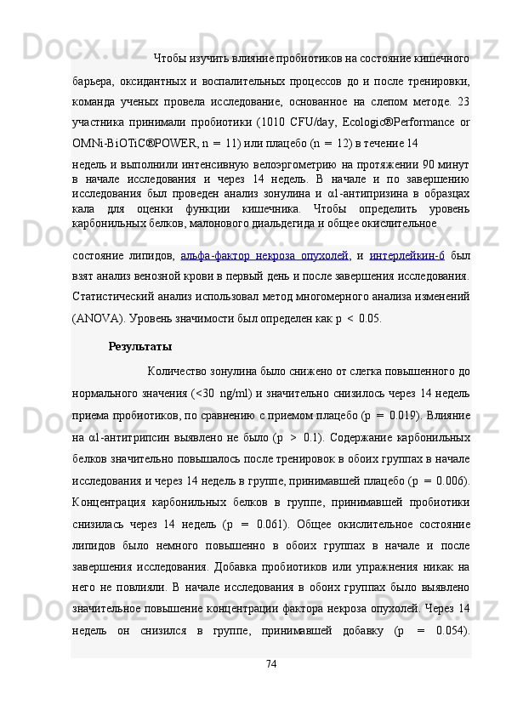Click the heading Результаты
click(x=140, y=347)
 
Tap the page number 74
click(x=271, y=686)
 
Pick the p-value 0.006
click(x=450, y=482)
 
